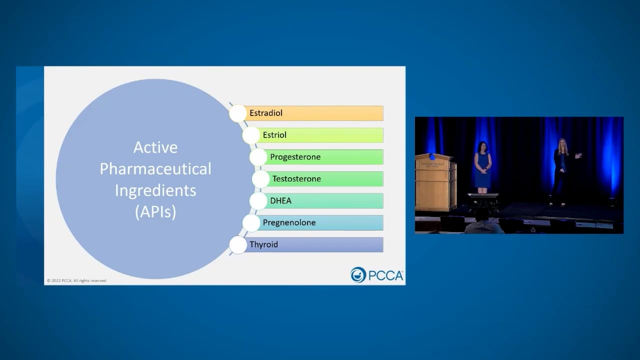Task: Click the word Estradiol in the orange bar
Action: [x=266, y=113]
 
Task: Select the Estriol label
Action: [x=274, y=135]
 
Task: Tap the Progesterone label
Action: [x=295, y=157]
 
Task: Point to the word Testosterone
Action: [x=296, y=179]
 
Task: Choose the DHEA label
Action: [x=280, y=201]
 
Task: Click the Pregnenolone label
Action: [x=289, y=223]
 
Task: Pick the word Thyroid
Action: [x=263, y=244]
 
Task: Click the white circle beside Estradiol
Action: [x=238, y=113]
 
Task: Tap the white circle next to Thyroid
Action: [x=238, y=245]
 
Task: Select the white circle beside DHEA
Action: [x=258, y=201]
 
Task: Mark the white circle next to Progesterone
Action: [x=258, y=157]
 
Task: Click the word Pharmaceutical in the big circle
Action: [x=155, y=169]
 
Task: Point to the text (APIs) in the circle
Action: [x=155, y=212]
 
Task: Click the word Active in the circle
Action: [x=155, y=147]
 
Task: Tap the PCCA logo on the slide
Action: [x=376, y=275]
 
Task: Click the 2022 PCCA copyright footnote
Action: [x=76, y=280]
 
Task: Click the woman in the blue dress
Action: [x=482, y=166]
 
